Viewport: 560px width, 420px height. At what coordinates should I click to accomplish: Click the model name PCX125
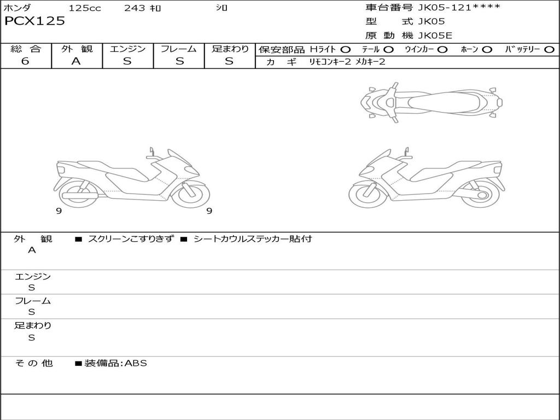click(34, 21)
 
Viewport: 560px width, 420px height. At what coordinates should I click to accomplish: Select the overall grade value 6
click(25, 61)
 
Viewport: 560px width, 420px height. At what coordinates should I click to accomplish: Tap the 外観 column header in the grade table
click(77, 49)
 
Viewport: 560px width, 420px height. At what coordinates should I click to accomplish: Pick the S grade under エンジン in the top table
click(127, 61)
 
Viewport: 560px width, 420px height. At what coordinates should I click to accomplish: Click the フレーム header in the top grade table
click(179, 49)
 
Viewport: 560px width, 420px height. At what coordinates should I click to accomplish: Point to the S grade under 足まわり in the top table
click(229, 61)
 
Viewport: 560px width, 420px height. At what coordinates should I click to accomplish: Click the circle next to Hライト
click(346, 50)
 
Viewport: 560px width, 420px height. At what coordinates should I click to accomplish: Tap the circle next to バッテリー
click(549, 50)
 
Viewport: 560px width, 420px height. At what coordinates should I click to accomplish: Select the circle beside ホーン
click(487, 50)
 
